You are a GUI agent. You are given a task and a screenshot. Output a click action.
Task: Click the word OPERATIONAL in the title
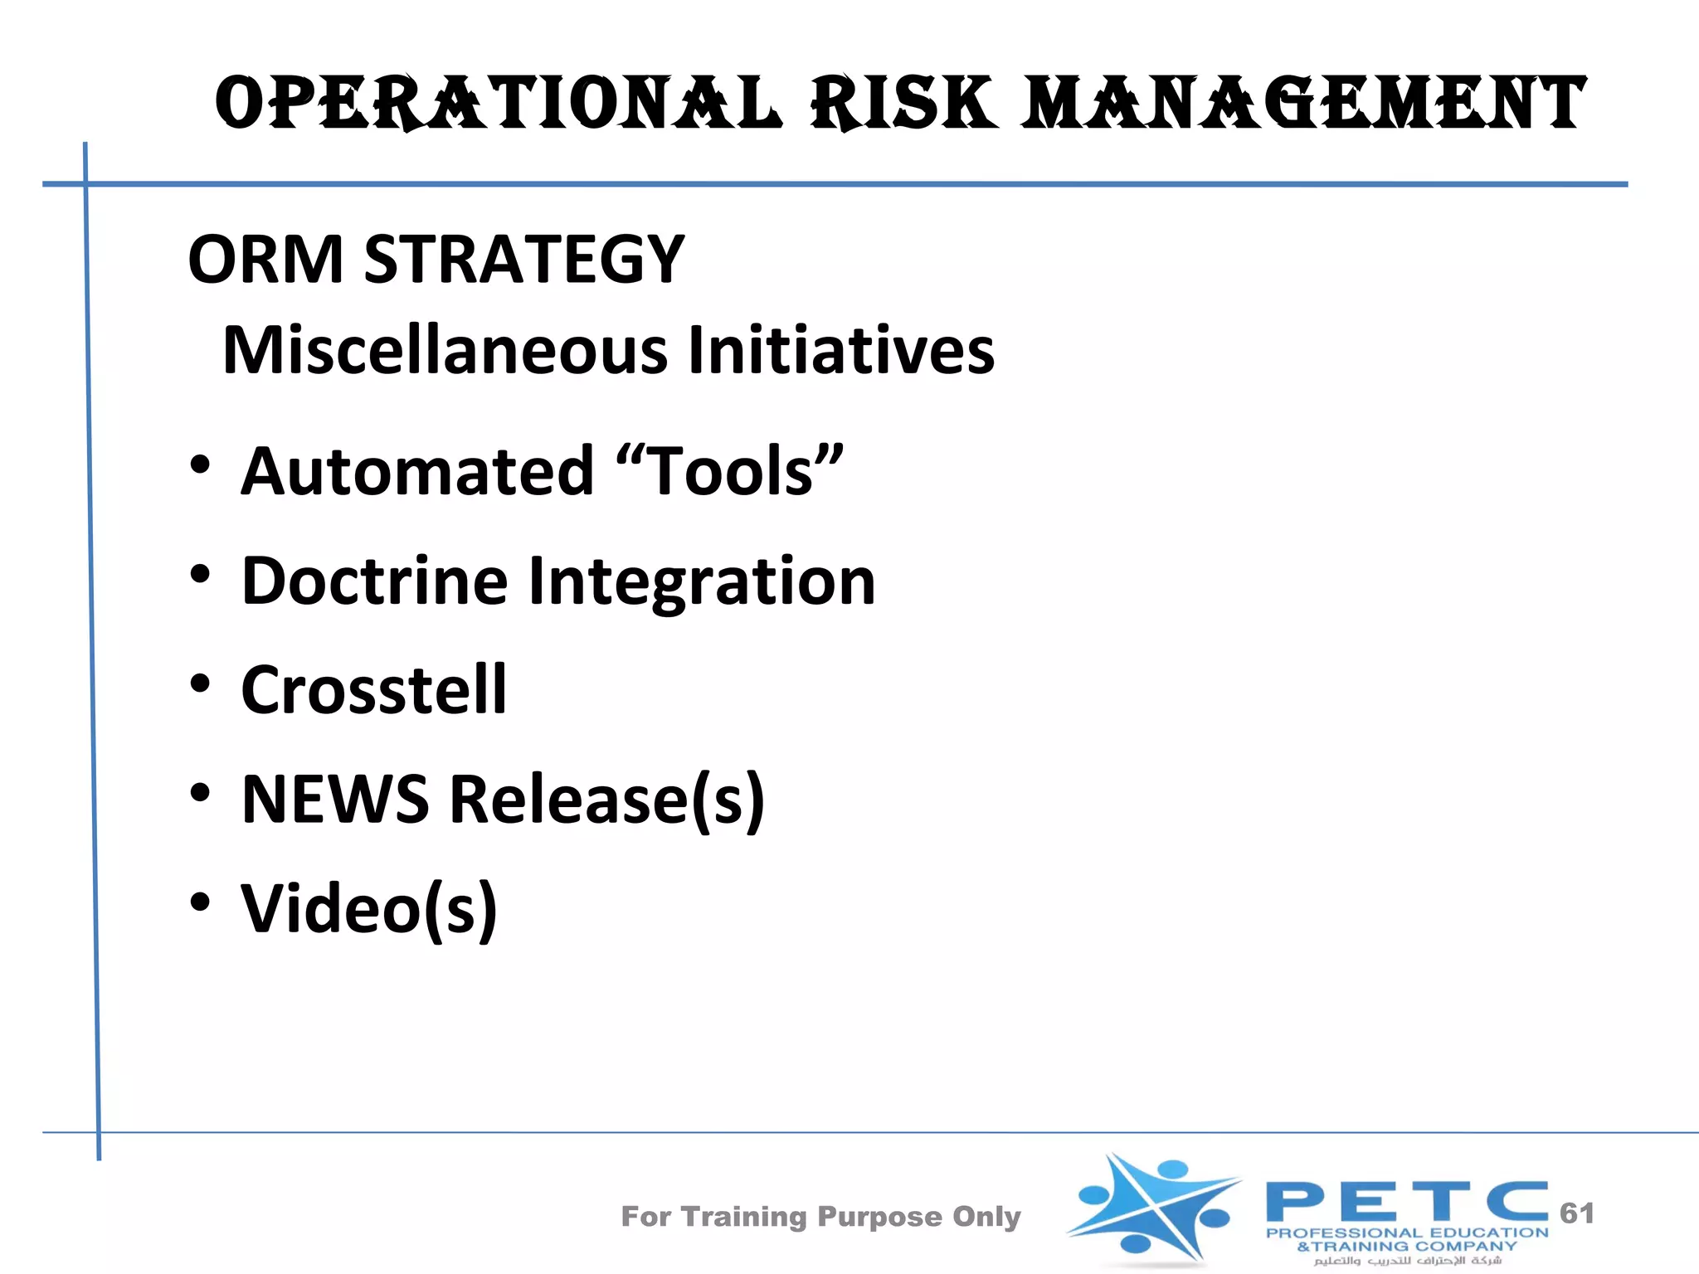[x=498, y=103]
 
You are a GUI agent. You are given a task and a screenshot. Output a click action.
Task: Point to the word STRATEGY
[x=524, y=260]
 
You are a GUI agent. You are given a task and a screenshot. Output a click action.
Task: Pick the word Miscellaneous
[x=445, y=350]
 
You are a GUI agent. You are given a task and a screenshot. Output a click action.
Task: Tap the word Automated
[x=417, y=471]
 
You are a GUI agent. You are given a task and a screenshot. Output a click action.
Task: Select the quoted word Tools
[x=730, y=471]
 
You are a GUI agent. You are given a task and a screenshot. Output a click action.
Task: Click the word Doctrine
[x=374, y=581]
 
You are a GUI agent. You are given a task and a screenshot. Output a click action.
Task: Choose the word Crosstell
[x=373, y=690]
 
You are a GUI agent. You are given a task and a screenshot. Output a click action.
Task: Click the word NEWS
[x=335, y=800]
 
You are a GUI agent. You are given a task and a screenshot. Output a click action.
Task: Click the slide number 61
[x=1576, y=1213]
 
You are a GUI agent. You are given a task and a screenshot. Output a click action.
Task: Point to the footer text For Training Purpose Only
[x=820, y=1217]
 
